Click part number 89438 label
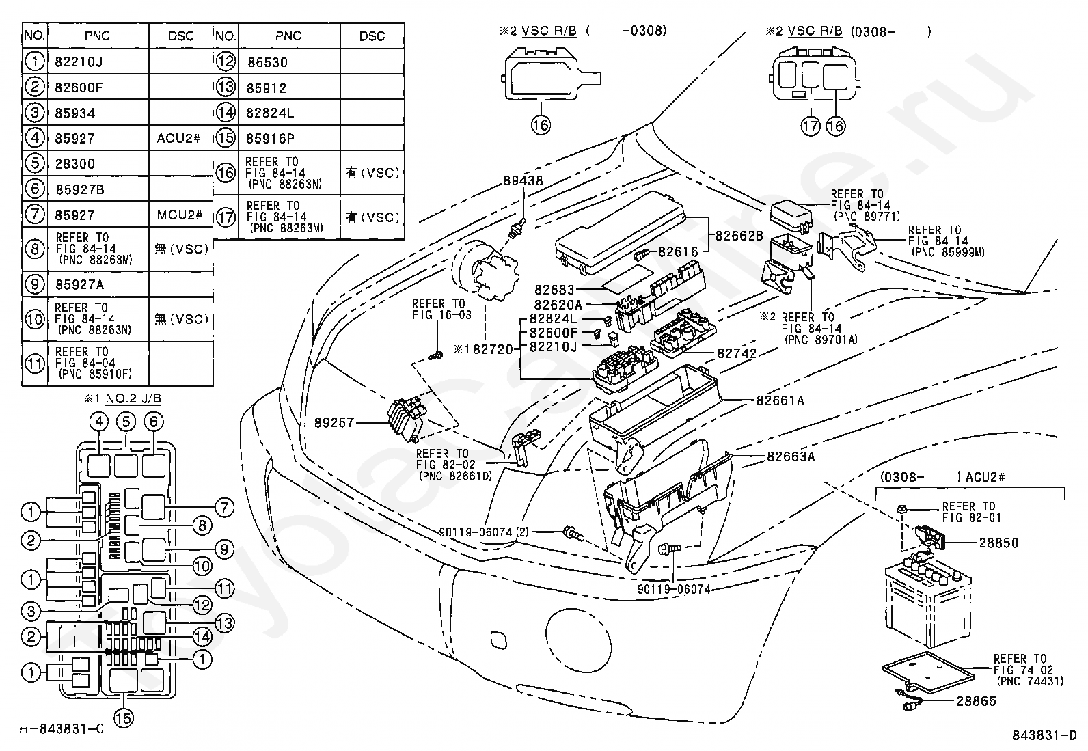pos(523,180)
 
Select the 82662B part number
pos(739,236)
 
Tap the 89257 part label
pos(334,422)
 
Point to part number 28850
pos(998,543)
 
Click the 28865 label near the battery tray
pos(977,701)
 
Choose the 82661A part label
pos(780,400)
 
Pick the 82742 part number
pos(737,354)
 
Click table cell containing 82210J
pos(98,62)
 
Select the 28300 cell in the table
pos(98,164)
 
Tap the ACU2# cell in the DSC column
pos(180,139)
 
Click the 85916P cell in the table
pos(289,139)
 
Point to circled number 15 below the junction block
pos(124,718)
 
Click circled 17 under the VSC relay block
pos(810,126)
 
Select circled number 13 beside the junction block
pos(224,623)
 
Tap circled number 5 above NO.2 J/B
pos(126,421)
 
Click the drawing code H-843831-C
pos(62,729)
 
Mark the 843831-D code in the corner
pos(1044,735)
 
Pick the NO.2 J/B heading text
pos(133,399)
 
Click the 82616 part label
pos(678,251)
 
